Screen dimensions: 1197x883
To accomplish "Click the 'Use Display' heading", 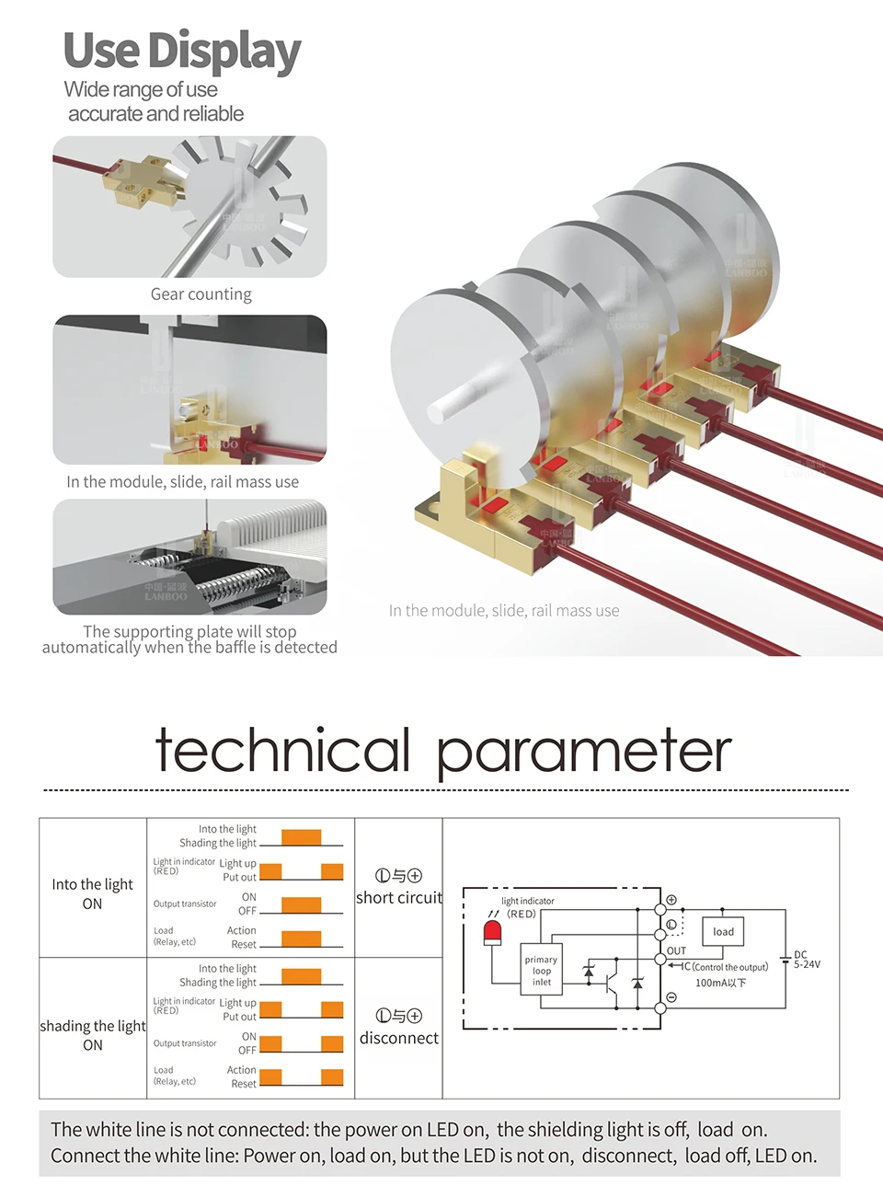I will click(182, 52).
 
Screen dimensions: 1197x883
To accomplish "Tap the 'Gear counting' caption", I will click(201, 294).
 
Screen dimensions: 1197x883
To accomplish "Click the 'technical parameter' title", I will click(443, 751).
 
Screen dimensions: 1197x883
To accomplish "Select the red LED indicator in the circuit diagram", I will click(492, 932).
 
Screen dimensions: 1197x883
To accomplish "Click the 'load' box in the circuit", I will click(723, 931).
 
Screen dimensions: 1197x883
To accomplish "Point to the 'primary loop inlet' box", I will click(541, 971).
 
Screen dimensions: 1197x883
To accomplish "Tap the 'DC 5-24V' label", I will click(806, 960).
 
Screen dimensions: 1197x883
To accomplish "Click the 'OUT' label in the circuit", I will click(676, 950).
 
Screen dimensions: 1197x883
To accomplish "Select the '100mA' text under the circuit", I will click(720, 983).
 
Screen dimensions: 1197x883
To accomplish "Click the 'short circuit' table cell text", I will click(399, 898).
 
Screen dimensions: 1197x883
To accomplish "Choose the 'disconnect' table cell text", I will click(399, 1038).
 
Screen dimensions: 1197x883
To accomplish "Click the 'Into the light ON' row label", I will click(92, 893).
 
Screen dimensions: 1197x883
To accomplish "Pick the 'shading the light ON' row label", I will click(93, 1035).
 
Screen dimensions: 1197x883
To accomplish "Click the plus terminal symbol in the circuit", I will click(671, 900).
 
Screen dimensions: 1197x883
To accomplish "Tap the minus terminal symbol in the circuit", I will click(671, 997).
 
